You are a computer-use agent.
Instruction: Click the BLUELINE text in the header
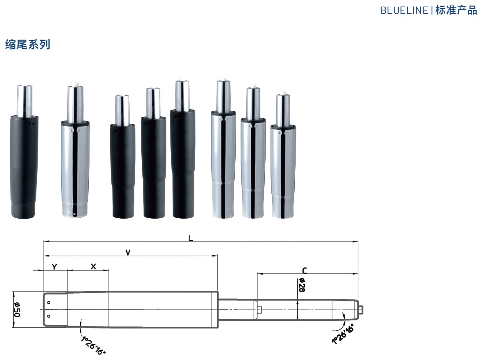coord(404,11)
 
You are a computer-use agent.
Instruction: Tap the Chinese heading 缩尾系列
coord(28,45)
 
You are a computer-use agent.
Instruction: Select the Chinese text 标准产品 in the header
coord(456,10)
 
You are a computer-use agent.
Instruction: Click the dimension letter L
coord(191,238)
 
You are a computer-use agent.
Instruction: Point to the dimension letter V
coord(128,252)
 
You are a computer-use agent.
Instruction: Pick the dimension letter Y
coord(54,267)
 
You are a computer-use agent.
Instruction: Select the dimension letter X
coord(94,267)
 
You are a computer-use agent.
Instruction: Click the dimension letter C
coord(304,270)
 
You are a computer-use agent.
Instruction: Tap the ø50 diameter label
coord(17,309)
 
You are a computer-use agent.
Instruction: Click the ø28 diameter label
coord(302,285)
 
